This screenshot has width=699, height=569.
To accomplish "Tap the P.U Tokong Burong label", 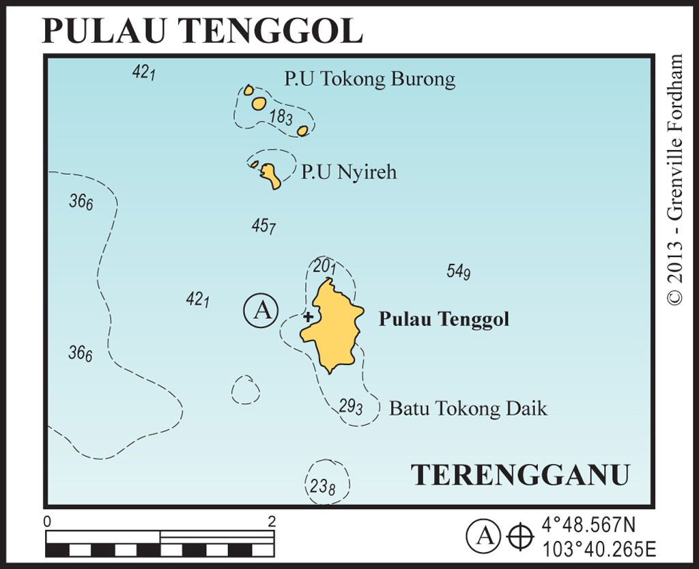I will (369, 79).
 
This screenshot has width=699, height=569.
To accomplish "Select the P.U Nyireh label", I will (349, 172).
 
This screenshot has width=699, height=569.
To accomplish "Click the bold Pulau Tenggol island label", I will (444, 319).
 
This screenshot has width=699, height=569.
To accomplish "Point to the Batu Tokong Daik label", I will (468, 409).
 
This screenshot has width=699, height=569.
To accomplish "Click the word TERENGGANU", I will (520, 475).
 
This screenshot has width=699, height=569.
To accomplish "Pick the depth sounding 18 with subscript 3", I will (281, 117).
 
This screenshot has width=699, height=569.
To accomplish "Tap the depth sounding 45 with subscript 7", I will (263, 227).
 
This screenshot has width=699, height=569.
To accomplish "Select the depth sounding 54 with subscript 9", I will (459, 272).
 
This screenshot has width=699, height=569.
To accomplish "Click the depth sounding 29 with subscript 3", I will (350, 406).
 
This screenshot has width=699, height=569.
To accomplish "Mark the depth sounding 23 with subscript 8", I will (323, 487).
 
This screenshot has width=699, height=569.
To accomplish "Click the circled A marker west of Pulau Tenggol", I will (261, 310).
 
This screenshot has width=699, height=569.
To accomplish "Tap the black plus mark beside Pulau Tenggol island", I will (308, 317).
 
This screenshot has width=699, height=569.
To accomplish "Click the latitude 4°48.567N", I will (588, 525).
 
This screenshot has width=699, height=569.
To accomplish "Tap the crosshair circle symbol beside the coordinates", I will (520, 536).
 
